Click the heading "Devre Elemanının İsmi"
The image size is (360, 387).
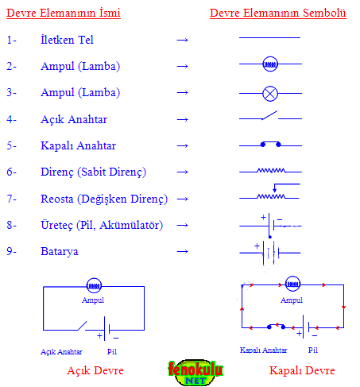(64, 13)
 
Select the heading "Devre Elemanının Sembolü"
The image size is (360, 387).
(278, 13)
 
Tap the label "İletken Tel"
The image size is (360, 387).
(67, 40)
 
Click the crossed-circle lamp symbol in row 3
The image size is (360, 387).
(270, 94)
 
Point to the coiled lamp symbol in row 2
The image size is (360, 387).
(270, 64)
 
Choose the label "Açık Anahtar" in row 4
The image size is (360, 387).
(74, 119)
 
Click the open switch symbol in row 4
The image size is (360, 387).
(270, 117)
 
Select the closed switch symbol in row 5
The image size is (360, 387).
(270, 145)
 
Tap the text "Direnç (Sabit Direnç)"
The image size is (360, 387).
(93, 172)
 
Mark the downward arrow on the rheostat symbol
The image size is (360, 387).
(275, 188)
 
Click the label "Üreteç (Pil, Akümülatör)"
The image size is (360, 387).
(102, 225)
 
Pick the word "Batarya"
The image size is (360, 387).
(60, 251)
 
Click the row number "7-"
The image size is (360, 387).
(11, 199)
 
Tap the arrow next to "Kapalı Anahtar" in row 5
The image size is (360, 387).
(183, 145)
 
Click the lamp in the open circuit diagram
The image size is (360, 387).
(94, 286)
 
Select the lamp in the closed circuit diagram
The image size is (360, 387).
(292, 284)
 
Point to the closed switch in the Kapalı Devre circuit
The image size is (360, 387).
(276, 327)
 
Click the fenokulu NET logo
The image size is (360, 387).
(195, 372)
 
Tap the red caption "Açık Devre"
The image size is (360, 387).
(95, 370)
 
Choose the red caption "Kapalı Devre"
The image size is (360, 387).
(302, 370)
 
